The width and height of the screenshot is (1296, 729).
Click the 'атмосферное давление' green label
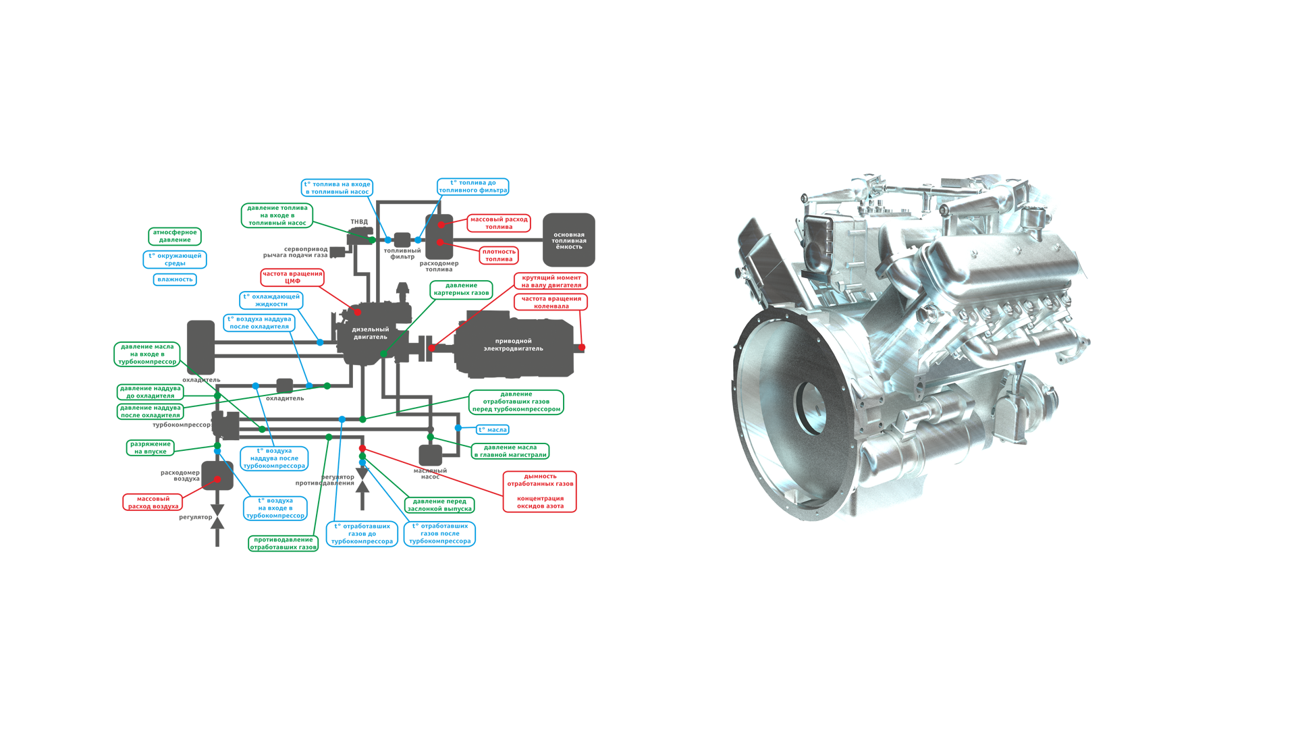click(175, 236)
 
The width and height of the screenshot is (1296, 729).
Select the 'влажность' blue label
click(175, 279)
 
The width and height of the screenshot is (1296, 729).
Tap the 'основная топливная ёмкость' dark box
click(569, 240)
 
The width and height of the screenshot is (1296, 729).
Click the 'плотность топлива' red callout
click(499, 255)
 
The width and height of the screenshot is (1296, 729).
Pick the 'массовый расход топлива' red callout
click(499, 223)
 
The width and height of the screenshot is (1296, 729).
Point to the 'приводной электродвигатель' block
click(513, 345)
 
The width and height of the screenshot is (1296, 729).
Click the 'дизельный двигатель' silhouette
click(370, 333)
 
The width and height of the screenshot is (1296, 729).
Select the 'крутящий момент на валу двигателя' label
click(551, 281)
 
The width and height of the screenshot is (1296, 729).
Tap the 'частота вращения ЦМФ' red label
click(292, 277)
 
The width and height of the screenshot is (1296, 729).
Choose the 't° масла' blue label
click(493, 429)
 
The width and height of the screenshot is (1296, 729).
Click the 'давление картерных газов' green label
click(461, 289)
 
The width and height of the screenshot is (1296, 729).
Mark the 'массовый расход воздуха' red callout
click(153, 502)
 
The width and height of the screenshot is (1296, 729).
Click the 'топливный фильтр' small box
click(402, 240)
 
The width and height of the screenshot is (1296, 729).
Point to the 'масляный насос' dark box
click(430, 456)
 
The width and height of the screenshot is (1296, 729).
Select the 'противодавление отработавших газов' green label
click(283, 543)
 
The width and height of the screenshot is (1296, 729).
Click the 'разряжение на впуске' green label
click(151, 448)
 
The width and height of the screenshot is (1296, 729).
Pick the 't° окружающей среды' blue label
click(175, 259)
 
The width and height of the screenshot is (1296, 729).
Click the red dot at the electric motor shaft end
click(581, 348)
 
